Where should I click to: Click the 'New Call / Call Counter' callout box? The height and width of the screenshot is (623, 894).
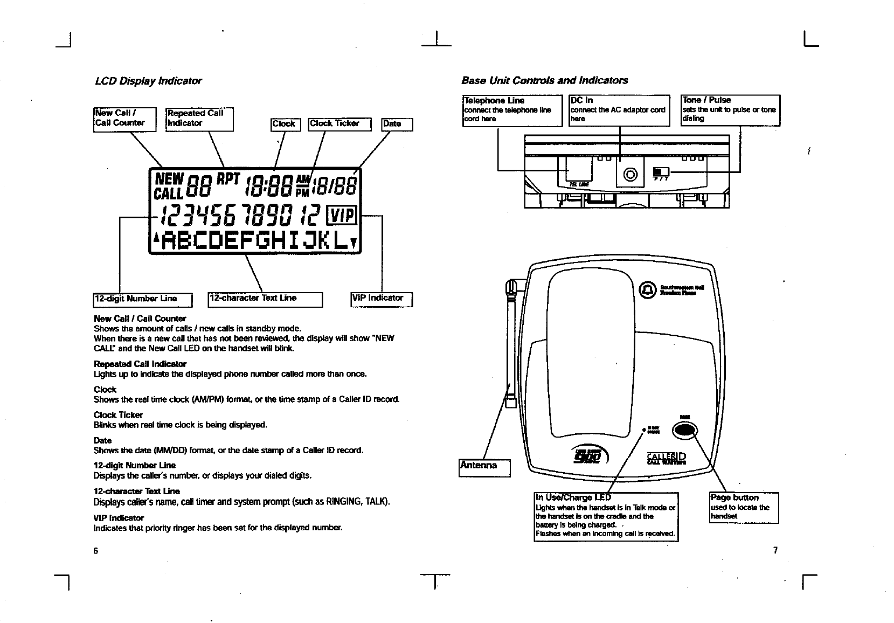pos(124,119)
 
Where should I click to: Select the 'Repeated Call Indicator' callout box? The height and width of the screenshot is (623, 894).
pos(199,119)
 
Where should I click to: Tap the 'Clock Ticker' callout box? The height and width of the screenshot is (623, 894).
pos(339,124)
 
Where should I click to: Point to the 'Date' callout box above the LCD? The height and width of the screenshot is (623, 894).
pos(397,124)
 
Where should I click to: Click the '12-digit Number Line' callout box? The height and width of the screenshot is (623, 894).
pos(143,299)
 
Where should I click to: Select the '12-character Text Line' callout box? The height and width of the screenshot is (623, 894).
pos(265,299)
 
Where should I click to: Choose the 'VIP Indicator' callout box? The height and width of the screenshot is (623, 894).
pos(382,299)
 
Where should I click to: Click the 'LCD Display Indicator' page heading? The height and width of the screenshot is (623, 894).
pos(148,81)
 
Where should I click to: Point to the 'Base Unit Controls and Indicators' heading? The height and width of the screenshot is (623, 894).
pos(544,80)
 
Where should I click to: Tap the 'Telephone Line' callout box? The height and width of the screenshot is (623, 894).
pos(512,110)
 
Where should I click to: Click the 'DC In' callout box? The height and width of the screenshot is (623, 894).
pos(619,110)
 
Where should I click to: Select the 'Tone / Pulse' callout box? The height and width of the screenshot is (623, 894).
pos(730,110)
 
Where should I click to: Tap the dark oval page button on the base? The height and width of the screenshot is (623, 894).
pos(685,429)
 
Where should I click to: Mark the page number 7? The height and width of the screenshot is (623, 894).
pos(775,550)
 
